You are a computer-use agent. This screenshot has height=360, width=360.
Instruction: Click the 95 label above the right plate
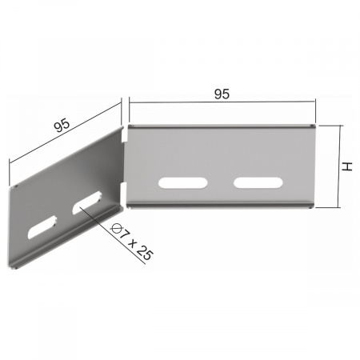pyautogui.click(x=222, y=94)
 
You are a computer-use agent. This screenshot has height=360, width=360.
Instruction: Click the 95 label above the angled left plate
pyautogui.click(x=62, y=125)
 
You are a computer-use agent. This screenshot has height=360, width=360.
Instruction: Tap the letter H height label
pyautogui.click(x=347, y=166)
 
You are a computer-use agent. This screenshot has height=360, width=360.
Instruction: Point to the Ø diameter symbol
pyautogui.click(x=116, y=228)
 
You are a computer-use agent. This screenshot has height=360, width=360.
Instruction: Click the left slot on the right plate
pyautogui.click(x=182, y=183)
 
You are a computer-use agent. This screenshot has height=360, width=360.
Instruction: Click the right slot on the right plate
pyautogui.click(x=258, y=182)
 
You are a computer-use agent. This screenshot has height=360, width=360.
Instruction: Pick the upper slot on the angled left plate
pyautogui.click(x=87, y=203)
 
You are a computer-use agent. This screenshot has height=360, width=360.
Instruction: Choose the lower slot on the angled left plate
pyautogui.click(x=42, y=227)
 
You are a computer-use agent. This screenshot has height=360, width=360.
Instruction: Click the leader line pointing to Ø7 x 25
pyautogui.click(x=112, y=234)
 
